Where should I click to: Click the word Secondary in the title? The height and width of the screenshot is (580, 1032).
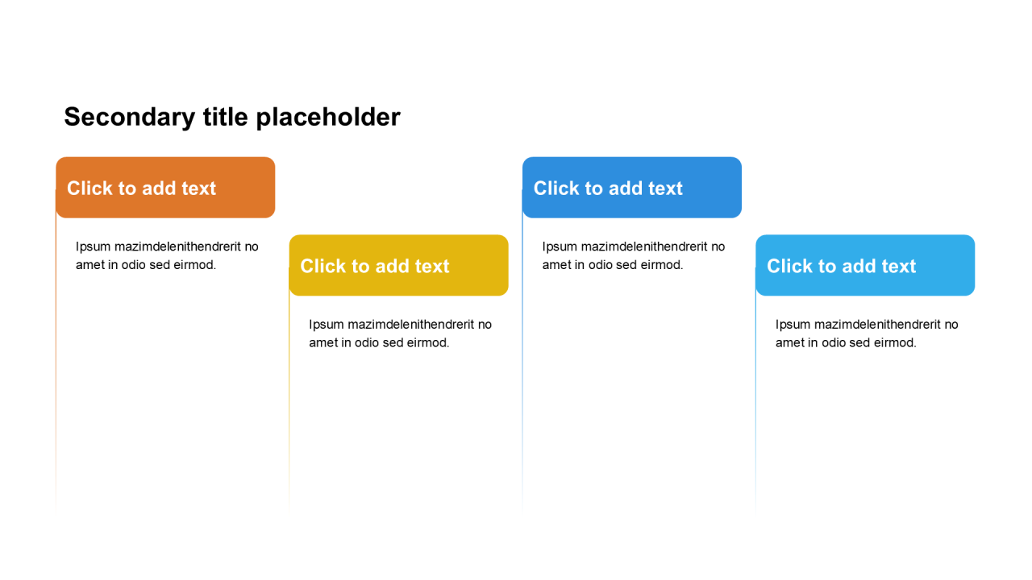pos(130,118)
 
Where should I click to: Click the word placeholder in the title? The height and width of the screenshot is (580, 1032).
pos(328,117)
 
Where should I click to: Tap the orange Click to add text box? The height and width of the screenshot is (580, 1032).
pos(165,188)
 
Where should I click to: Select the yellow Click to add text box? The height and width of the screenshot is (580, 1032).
pos(398,265)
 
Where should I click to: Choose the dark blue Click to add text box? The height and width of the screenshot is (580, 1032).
pos(631,188)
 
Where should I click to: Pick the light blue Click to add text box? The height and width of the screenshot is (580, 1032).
pos(865,265)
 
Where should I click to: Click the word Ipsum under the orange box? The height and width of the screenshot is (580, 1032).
pos(93,247)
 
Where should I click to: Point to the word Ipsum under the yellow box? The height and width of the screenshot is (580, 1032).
pos(327,325)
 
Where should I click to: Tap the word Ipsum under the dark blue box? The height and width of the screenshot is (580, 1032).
pos(560,247)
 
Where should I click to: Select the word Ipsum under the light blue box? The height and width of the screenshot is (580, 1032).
pos(793,325)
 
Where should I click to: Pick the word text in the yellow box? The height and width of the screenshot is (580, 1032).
pos(431,266)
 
